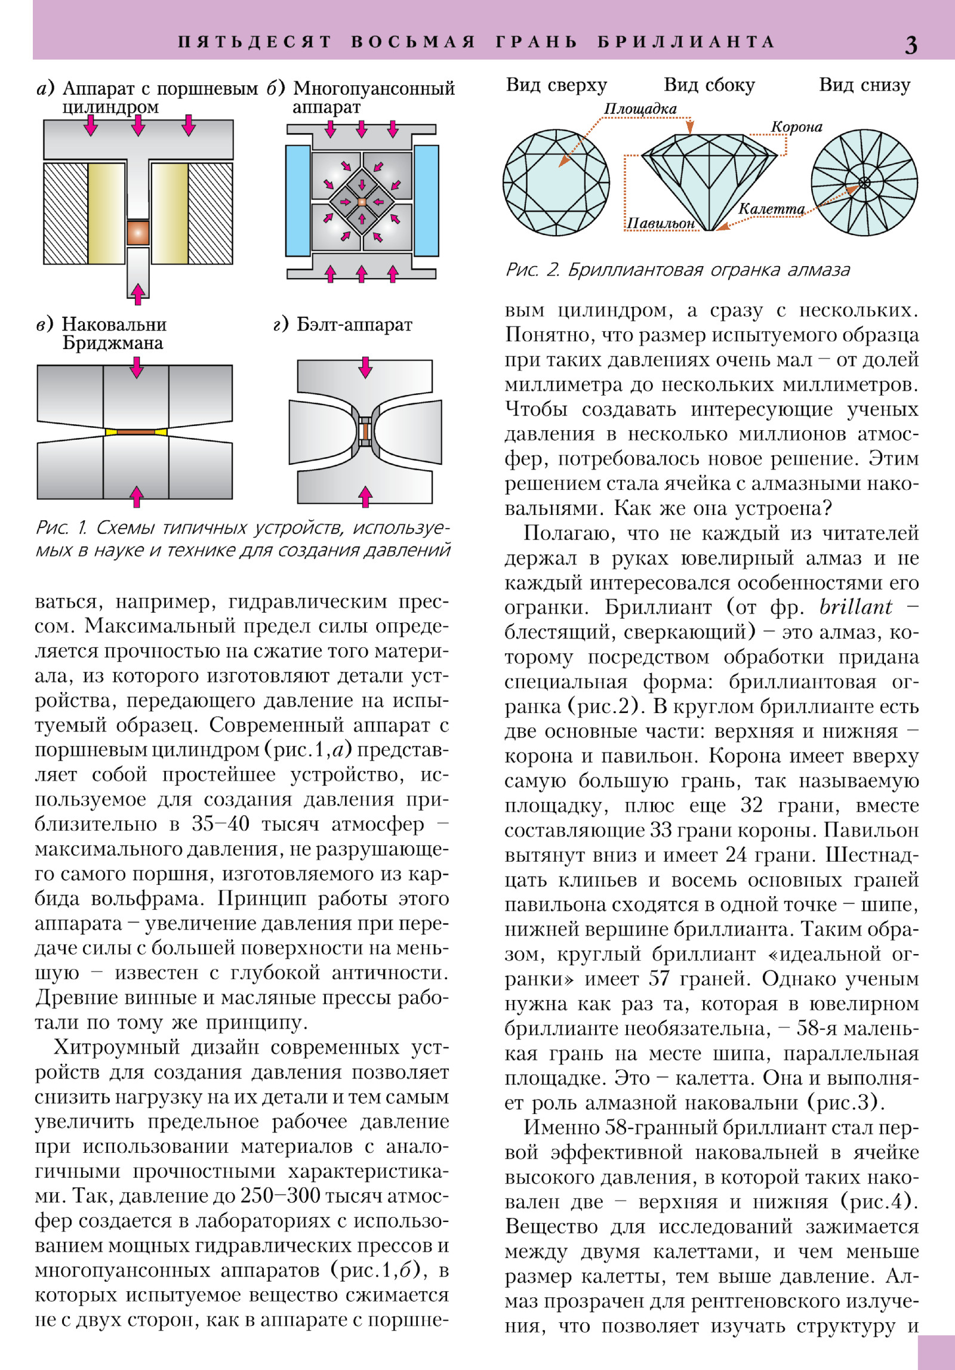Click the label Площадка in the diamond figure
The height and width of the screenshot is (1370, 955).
(x=640, y=109)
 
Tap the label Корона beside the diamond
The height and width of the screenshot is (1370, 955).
(x=796, y=126)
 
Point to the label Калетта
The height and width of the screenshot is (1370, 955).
(x=771, y=209)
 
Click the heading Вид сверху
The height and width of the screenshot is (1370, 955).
(x=556, y=85)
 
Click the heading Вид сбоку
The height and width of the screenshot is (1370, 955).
(x=709, y=85)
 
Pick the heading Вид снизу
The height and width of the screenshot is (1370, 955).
(x=864, y=85)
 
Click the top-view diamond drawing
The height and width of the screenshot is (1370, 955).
(x=556, y=183)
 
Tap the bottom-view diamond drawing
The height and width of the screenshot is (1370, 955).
(x=864, y=183)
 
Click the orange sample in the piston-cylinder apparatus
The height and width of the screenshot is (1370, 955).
(x=138, y=232)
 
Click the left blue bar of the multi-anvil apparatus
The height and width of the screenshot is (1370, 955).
(x=298, y=200)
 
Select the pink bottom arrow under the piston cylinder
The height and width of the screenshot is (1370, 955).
(x=138, y=293)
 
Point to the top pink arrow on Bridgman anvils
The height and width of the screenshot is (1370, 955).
(x=137, y=367)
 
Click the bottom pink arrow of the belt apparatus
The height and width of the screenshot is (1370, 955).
(x=365, y=496)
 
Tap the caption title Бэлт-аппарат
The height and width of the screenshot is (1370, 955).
(x=354, y=325)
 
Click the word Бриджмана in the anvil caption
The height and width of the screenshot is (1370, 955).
(x=113, y=343)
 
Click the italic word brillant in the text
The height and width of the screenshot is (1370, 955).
(x=855, y=607)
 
